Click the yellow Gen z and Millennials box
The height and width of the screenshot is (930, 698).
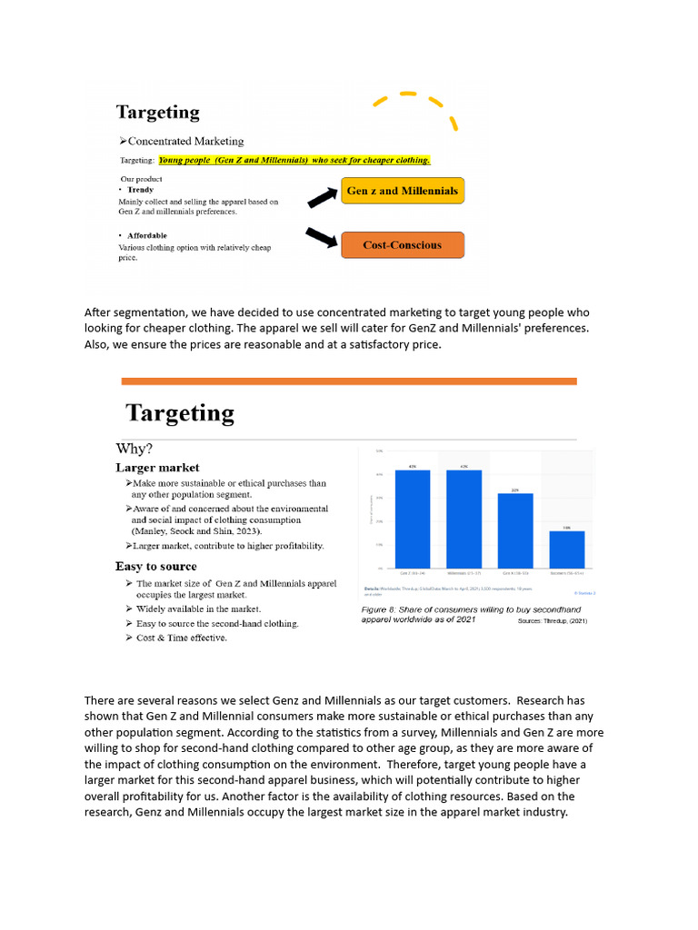pyautogui.click(x=403, y=192)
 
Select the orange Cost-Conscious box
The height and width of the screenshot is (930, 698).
pyautogui.click(x=403, y=245)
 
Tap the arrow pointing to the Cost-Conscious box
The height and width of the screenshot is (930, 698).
pyautogui.click(x=322, y=237)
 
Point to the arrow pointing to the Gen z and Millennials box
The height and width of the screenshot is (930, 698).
pyautogui.click(x=322, y=197)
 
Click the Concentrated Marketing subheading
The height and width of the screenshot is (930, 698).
pyautogui.click(x=182, y=142)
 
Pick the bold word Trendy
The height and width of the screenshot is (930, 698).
pyautogui.click(x=140, y=190)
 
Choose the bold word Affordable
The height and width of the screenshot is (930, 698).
pyautogui.click(x=147, y=235)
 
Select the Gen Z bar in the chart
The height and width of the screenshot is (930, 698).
pyautogui.click(x=412, y=519)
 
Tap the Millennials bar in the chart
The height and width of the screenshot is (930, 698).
pyautogui.click(x=464, y=519)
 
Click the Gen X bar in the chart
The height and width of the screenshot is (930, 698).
pyautogui.click(x=514, y=530)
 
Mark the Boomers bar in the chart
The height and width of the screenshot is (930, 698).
pyautogui.click(x=566, y=549)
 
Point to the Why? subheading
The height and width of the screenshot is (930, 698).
pyautogui.click(x=135, y=449)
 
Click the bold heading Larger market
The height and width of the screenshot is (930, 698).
pyautogui.click(x=157, y=468)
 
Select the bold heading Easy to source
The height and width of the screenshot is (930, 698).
pyautogui.click(x=155, y=567)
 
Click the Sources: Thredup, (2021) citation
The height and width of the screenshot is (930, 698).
pyautogui.click(x=553, y=622)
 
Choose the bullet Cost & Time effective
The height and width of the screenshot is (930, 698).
pyautogui.click(x=182, y=638)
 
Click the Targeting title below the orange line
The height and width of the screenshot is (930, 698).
pyautogui.click(x=180, y=413)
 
